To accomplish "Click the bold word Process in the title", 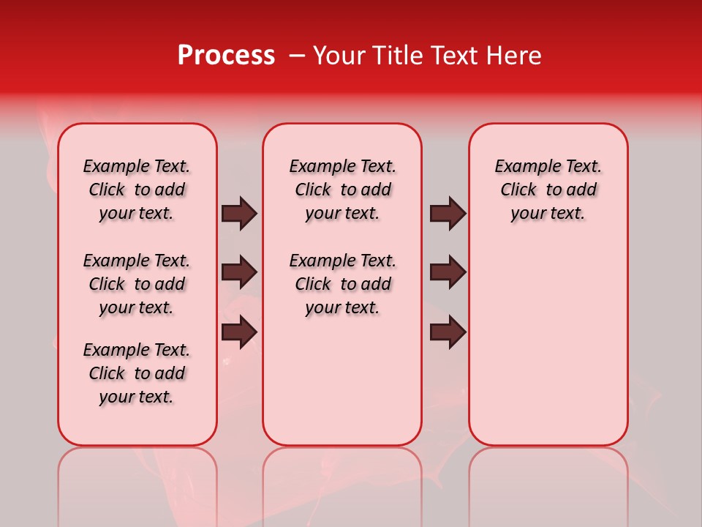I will pos(226,56).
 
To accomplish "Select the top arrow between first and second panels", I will pos(239,213).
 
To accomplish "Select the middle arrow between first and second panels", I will pos(239,272).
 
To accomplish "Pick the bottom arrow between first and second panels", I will pos(239,332).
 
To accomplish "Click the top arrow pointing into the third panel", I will pos(448,213).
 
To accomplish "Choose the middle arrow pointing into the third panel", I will pos(448,272).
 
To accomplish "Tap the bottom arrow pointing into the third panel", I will pos(448,332).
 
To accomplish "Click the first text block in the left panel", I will pos(137,190).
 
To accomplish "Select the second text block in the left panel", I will pos(137,284).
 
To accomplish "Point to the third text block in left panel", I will pos(137,373).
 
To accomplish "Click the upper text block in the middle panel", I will pos(342,190).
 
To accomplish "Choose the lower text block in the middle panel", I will pos(342,284).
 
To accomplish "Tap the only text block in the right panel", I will pos(548,190).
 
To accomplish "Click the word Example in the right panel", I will pos(525,167).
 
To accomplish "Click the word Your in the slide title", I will pos(339,56).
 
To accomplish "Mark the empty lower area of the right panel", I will pos(548,344).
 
